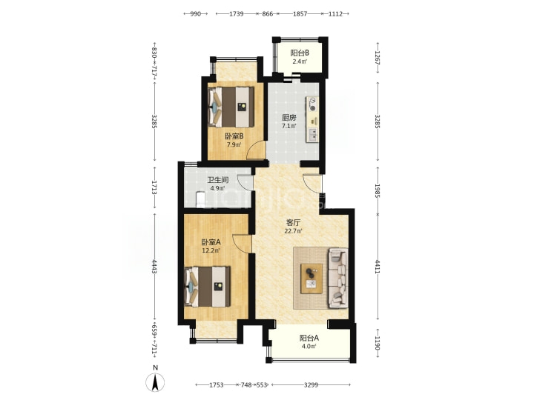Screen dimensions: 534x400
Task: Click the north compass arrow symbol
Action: point(155,382)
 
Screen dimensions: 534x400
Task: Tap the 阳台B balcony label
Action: point(300,53)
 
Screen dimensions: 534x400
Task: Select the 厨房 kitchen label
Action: point(289,118)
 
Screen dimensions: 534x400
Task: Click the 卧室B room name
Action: point(234,136)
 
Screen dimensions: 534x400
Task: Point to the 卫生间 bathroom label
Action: point(218,180)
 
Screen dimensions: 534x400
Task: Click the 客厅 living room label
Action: point(293,223)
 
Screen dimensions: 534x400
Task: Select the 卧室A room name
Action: point(211,242)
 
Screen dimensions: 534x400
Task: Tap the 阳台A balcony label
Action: point(309,338)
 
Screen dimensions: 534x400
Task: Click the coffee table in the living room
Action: point(311,279)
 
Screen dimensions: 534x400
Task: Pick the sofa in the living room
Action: point(338,279)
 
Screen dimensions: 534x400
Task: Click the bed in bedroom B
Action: point(231,107)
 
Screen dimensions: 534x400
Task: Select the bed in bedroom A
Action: point(207,287)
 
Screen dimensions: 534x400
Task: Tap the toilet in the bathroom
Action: point(200,199)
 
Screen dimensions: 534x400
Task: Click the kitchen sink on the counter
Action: point(313,135)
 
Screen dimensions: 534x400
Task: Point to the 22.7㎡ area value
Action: point(293,231)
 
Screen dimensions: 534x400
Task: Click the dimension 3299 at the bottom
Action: point(311,385)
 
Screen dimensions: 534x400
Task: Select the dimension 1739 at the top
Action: point(237,14)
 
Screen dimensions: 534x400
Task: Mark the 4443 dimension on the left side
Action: point(154,267)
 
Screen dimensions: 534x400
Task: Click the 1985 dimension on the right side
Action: point(378,191)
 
